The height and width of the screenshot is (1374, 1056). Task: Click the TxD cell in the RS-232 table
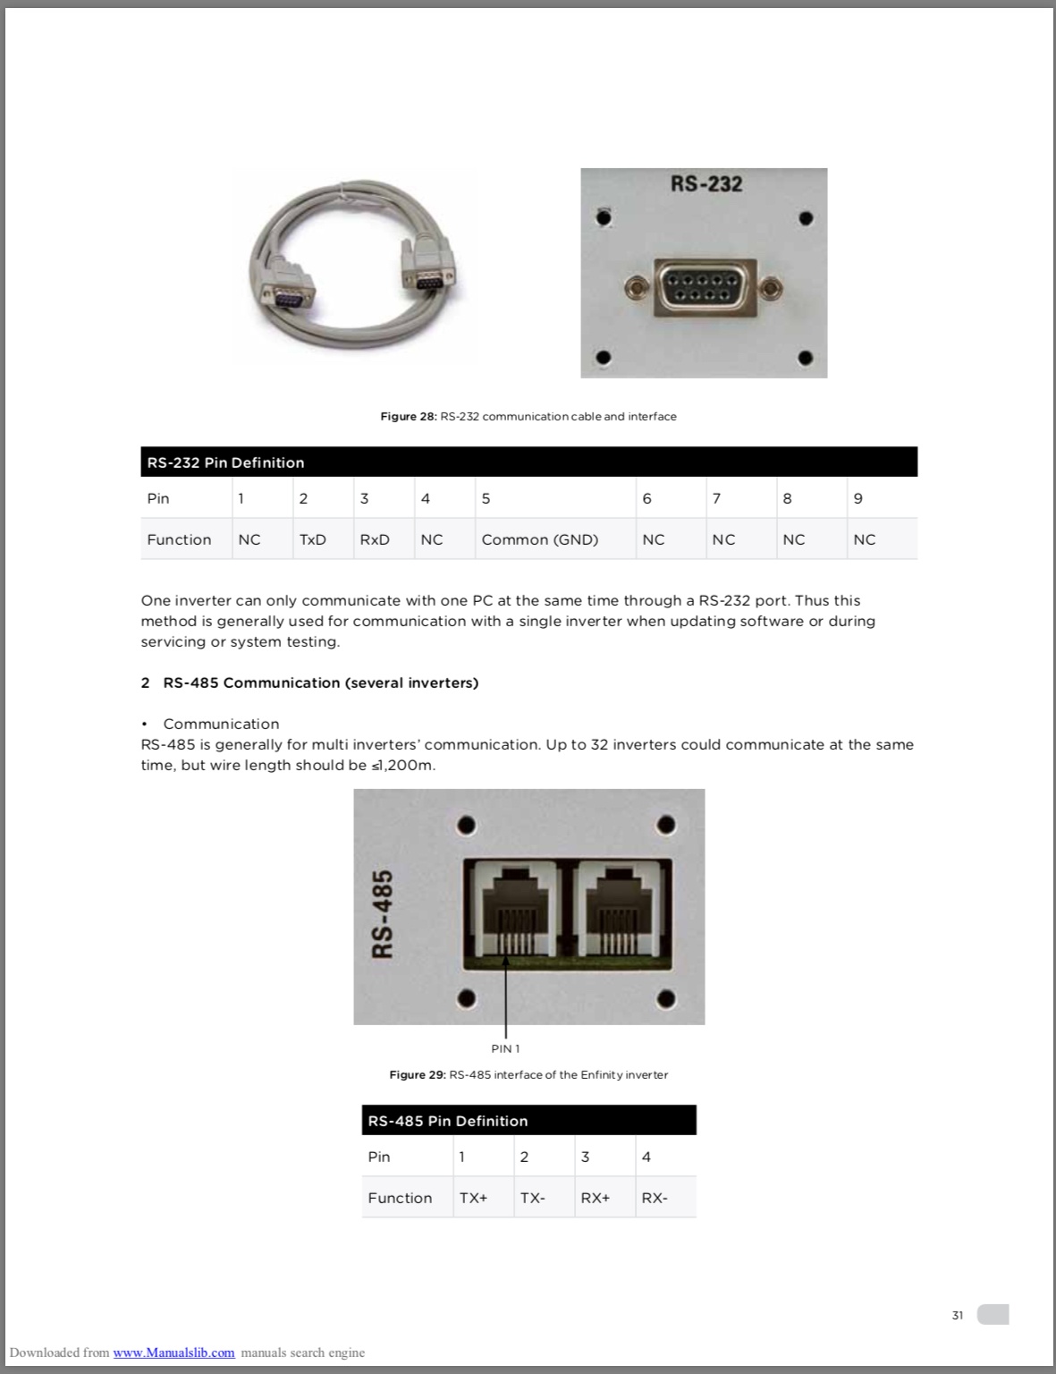coord(313,539)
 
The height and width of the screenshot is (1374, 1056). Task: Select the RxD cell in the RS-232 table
coord(375,539)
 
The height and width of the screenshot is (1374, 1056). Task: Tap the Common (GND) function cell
coord(539,539)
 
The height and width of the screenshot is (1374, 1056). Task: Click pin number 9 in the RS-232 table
coord(858,498)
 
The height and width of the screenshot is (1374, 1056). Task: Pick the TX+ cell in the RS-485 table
coord(473,1198)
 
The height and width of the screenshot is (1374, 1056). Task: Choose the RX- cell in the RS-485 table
coord(655,1198)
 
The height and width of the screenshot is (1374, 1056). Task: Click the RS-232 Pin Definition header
coord(226,462)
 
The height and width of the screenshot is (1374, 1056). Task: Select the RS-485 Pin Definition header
coord(448,1121)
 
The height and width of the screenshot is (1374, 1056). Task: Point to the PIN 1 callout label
coord(505,1048)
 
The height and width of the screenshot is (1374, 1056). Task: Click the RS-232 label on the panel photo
coord(706,183)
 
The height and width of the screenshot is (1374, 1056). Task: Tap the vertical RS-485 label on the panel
coord(383,913)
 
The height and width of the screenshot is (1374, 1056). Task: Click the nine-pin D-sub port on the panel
coord(705,287)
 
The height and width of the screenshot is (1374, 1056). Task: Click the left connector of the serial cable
coord(288,285)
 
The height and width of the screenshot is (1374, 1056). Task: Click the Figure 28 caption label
coord(409,417)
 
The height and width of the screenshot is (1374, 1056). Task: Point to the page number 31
coord(958,1315)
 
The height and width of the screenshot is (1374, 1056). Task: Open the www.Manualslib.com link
coord(173,1353)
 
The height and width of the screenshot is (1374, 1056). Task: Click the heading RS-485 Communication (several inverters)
coord(320,683)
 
